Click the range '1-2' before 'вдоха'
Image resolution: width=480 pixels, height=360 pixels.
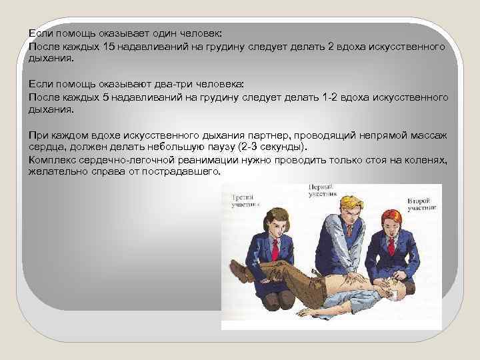311,97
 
